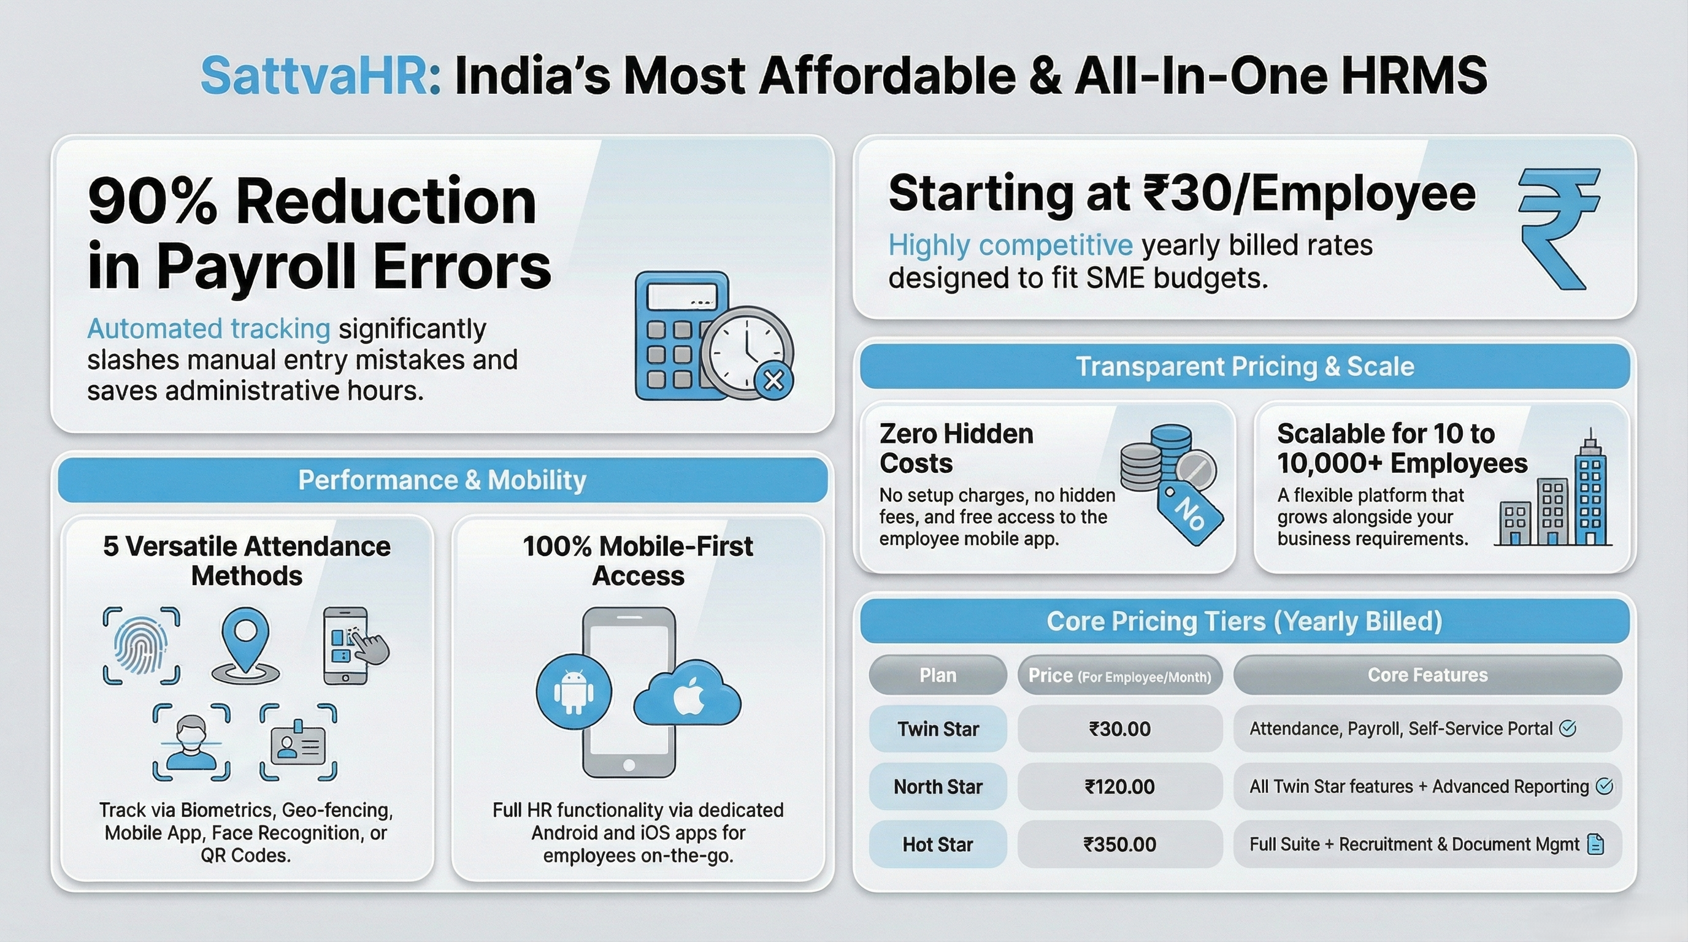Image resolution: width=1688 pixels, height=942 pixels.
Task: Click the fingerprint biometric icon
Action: pos(142,646)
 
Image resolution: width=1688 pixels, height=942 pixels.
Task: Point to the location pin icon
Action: pos(245,646)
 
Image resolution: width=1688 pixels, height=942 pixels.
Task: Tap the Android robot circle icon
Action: pos(574,692)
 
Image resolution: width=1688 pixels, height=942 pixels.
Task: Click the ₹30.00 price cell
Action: pos(1120,729)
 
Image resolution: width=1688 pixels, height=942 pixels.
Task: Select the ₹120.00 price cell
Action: pos(1120,786)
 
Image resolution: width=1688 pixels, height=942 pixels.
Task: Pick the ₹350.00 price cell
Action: pos(1120,844)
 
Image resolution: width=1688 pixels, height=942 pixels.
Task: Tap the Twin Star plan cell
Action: pos(938,729)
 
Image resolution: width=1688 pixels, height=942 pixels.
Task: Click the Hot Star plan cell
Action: pos(938,844)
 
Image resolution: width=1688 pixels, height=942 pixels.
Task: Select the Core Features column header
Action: pos(1428,675)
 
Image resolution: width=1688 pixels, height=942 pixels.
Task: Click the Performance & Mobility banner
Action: pos(442,480)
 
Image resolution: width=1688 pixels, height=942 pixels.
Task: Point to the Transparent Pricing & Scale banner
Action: pos(1245,366)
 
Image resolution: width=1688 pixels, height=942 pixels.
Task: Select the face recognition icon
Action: pos(191,742)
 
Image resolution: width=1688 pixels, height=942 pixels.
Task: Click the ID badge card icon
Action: pos(299,742)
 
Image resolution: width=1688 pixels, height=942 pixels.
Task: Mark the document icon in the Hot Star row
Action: pos(1596,844)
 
